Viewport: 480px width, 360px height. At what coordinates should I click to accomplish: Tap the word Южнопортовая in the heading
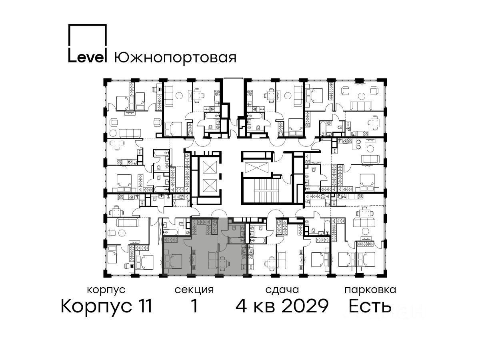175,58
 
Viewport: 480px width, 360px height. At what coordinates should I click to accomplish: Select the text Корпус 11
106,306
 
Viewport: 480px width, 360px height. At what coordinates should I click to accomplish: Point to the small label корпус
106,290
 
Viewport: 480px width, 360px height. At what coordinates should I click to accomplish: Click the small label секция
194,290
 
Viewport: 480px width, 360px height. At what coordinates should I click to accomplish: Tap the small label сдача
282,290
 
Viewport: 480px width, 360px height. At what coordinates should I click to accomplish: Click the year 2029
305,306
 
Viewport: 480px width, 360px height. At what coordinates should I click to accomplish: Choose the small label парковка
370,290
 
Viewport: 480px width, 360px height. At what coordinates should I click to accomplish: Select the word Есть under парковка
370,306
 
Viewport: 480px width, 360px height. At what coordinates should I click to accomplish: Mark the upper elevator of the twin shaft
210,167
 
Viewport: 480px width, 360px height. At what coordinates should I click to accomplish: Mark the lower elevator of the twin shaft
210,186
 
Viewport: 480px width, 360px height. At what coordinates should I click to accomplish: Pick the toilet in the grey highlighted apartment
233,228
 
